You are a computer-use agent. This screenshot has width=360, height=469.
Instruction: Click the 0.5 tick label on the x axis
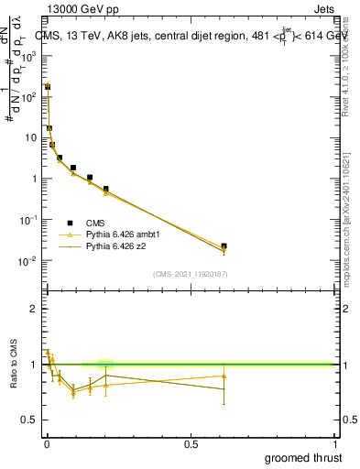tap(191, 443)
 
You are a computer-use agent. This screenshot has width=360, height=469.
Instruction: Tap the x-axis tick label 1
tap(334, 443)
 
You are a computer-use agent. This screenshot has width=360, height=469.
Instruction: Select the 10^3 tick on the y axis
tap(29, 55)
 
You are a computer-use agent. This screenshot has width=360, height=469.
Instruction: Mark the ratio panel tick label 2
tap(34, 309)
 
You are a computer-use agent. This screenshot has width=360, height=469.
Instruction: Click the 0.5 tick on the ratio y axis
tap(30, 420)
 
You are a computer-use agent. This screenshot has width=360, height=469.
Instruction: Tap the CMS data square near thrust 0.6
tap(224, 245)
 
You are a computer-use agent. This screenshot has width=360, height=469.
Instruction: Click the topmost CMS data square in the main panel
tap(48, 86)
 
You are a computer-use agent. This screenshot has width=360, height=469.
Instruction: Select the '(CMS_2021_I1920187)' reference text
tap(190, 274)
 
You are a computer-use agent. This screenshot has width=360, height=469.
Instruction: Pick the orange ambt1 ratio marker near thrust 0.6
tap(224, 376)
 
